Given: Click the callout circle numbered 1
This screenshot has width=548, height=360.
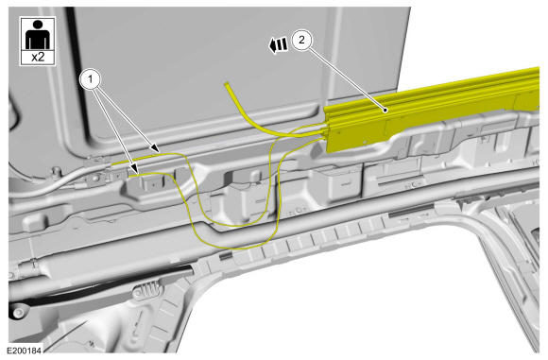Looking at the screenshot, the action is [90, 79].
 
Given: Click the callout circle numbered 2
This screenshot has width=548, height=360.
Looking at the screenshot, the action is [301, 40].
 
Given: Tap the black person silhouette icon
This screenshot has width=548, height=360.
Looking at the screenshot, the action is [38, 35].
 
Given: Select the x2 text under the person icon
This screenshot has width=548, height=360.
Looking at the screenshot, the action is [38, 57].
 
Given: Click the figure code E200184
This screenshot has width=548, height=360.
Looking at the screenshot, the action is [24, 350].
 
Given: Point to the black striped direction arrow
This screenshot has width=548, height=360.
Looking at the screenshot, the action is [278, 45].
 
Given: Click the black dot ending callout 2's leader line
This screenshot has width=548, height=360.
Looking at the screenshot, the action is [385, 111].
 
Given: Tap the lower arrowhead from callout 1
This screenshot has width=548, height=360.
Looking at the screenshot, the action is [135, 169].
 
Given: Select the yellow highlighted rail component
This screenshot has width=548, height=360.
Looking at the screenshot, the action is [432, 110].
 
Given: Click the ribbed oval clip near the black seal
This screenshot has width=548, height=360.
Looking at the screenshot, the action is [146, 291].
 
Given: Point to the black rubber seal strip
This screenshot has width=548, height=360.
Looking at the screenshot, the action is [101, 286].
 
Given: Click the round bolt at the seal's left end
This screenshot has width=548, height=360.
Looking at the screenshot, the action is [17, 312].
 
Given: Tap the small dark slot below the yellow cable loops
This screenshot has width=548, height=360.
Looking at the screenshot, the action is [225, 256].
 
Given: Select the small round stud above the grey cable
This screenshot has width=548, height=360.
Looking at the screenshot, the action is [55, 171].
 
